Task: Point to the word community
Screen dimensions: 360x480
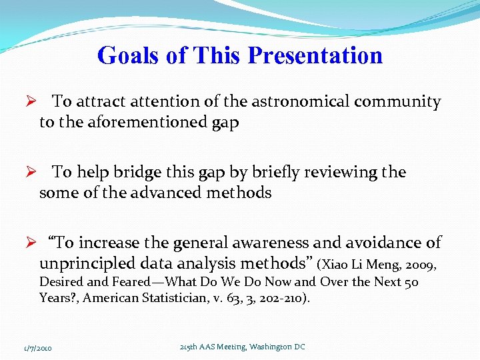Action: coord(398,102)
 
